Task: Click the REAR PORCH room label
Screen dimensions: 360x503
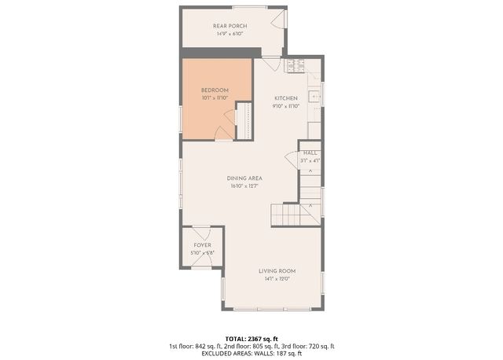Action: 229,26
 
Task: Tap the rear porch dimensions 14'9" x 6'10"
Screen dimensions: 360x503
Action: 229,34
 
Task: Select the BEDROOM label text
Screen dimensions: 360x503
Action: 214,90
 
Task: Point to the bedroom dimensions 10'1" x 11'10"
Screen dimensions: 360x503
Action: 214,98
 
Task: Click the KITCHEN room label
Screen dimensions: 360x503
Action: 285,97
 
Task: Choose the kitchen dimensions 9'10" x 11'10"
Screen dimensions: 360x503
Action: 285,105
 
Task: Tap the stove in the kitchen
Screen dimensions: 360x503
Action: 298,67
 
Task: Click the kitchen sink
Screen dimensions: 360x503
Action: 314,97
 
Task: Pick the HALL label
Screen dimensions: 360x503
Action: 310,152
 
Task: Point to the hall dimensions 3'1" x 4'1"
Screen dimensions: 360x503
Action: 310,160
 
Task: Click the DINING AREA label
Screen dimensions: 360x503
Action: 244,178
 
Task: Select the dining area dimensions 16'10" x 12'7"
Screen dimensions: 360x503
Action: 244,186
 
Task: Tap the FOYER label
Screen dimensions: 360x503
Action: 203,245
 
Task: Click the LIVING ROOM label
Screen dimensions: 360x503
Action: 277,270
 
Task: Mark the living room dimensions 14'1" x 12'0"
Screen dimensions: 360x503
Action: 277,278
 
